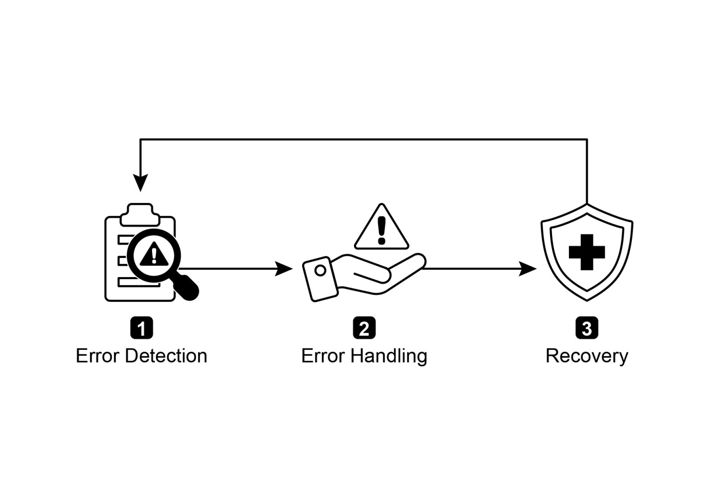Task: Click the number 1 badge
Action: [x=141, y=329]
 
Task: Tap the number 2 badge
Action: [x=364, y=329]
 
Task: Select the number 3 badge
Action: [x=587, y=329]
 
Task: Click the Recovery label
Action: [x=587, y=356]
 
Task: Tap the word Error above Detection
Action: [x=98, y=356]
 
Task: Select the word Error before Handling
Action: [x=323, y=356]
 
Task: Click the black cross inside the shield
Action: [x=587, y=252]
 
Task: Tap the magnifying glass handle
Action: [x=188, y=287]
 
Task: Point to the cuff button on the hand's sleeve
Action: [x=320, y=270]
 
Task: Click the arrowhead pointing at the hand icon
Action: [x=285, y=269]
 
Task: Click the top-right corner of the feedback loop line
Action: [x=587, y=140]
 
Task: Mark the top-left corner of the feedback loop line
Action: [x=141, y=140]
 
